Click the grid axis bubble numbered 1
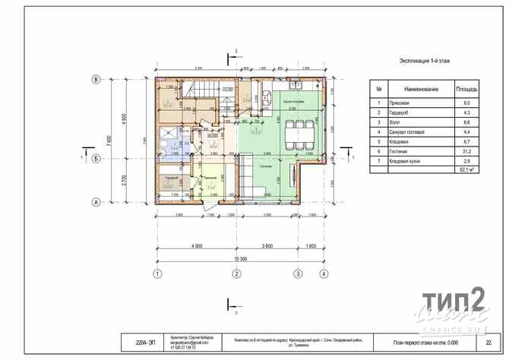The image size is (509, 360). pyautogui.click(x=157, y=273)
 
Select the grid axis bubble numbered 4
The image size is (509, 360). pyautogui.click(x=323, y=273)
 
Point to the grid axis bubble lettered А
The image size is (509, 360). pyautogui.click(x=96, y=202)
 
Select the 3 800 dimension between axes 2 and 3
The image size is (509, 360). pyautogui.click(x=267, y=247)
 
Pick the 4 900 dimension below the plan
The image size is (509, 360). pyautogui.click(x=196, y=247)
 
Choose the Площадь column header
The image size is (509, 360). pyautogui.click(x=466, y=90)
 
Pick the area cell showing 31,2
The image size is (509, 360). pyautogui.click(x=466, y=152)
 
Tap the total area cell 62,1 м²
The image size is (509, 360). pyautogui.click(x=466, y=170)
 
